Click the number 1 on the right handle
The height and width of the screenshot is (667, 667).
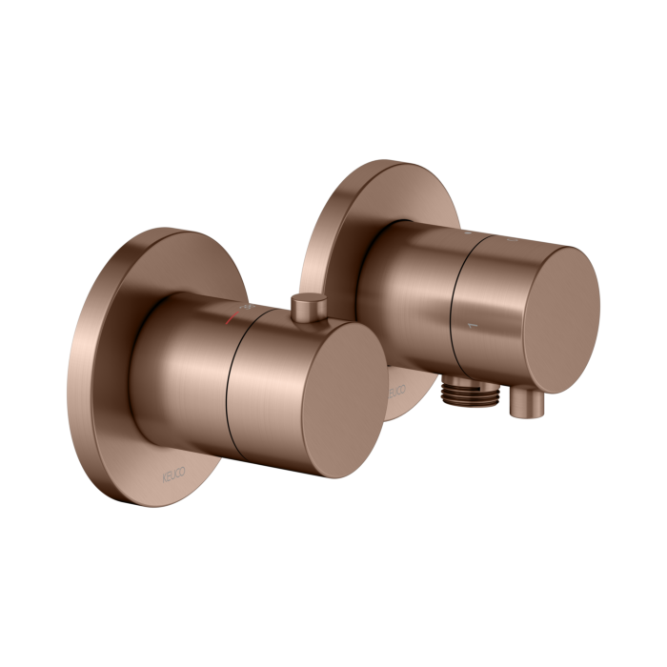[467, 329]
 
